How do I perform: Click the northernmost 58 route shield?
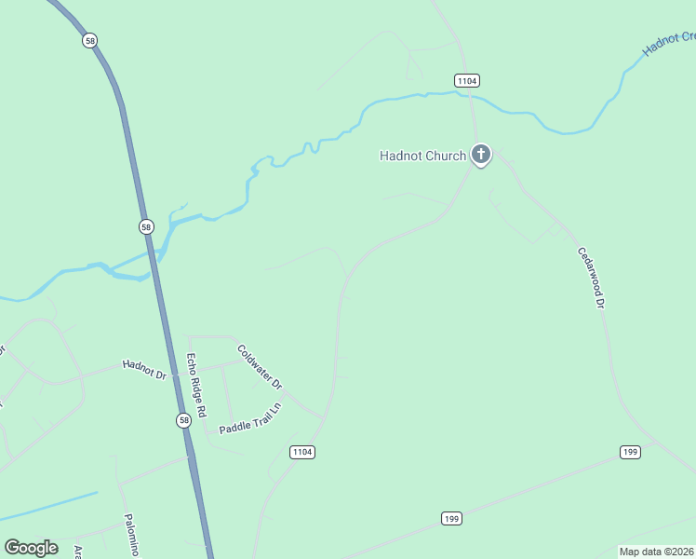tap(89, 41)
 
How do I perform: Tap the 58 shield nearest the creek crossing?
tap(146, 226)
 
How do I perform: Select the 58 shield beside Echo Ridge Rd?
tap(183, 420)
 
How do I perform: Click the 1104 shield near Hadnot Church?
tap(466, 81)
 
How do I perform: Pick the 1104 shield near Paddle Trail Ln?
tap(302, 452)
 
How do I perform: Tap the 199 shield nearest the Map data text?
tap(630, 452)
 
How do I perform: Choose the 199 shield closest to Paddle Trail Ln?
tap(452, 518)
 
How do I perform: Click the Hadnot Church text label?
tap(422, 156)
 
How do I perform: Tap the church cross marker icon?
tap(480, 154)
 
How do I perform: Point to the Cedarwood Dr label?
tap(592, 277)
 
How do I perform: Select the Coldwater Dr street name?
tap(260, 367)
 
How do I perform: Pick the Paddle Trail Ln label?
tap(249, 421)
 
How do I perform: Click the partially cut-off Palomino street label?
tap(131, 536)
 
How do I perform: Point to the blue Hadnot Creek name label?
tap(669, 43)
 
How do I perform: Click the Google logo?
tap(31, 548)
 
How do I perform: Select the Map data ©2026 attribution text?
tap(656, 552)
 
